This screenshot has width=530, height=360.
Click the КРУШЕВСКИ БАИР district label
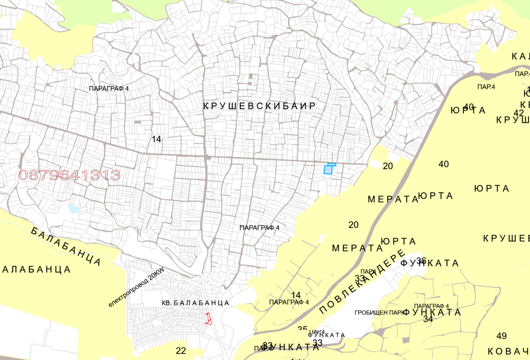(x=259, y=106)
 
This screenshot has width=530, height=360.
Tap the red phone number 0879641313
(x=69, y=175)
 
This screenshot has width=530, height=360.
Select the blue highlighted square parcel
(x=328, y=170)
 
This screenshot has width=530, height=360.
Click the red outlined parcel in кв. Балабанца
(x=208, y=319)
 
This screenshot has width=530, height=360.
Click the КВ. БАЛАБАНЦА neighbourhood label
(x=195, y=303)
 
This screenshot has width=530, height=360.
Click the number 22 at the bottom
(x=181, y=351)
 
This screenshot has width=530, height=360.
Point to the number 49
(x=502, y=336)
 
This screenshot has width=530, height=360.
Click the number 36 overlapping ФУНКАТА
(x=421, y=261)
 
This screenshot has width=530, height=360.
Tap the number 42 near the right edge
(x=519, y=113)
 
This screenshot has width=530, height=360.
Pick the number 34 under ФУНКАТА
(x=428, y=319)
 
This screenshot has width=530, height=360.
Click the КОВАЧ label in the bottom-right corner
(x=508, y=351)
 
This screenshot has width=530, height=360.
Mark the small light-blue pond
(x=74, y=208)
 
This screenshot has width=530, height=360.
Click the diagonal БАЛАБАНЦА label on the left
(x=66, y=246)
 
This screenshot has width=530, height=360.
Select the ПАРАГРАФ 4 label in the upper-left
(x=109, y=89)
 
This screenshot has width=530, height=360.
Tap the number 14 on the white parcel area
(x=156, y=139)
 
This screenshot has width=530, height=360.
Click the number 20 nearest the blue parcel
(x=388, y=166)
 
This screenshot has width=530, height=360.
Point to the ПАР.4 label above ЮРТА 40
(x=486, y=87)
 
